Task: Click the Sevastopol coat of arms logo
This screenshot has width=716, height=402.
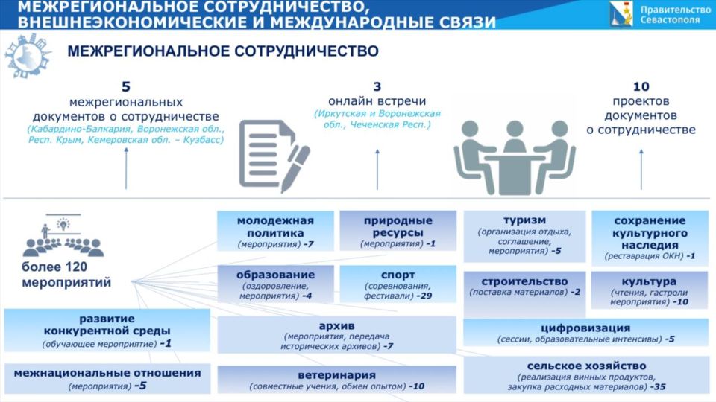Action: [618, 13]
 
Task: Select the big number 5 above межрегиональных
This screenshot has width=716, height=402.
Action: [125, 86]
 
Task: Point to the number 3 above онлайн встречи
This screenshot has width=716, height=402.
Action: [377, 86]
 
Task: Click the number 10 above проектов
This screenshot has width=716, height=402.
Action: [641, 86]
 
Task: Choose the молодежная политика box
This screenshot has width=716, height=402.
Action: [275, 232]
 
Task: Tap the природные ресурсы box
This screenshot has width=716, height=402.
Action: [398, 231]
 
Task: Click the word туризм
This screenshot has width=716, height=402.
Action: [524, 220]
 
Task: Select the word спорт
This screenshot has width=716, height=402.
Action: [398, 275]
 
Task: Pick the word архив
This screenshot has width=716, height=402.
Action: [336, 326]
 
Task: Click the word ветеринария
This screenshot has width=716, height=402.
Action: [336, 374]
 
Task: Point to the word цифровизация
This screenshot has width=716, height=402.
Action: [585, 328]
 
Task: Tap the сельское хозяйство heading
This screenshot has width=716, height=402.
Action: [586, 366]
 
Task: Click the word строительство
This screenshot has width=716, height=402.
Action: [524, 281]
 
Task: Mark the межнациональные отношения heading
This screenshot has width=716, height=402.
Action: [107, 373]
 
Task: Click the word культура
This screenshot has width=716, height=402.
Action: [649, 281]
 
